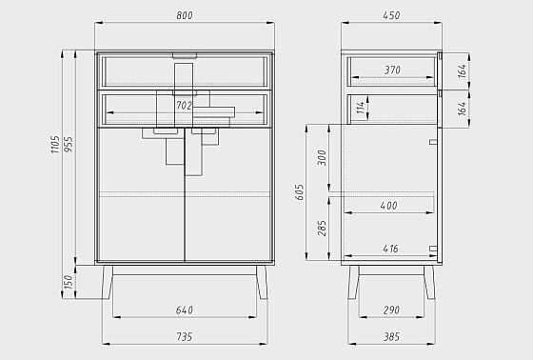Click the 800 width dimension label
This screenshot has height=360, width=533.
[x=185, y=15]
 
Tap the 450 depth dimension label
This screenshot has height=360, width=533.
[x=391, y=15]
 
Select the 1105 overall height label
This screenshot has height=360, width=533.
[x=55, y=145]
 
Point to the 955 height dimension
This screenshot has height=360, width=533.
[x=69, y=144]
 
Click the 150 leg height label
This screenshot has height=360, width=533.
[x=69, y=282]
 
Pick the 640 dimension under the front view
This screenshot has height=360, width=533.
[x=185, y=310]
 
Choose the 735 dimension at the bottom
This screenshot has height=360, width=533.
[x=185, y=337]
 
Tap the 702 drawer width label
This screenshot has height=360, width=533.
[x=184, y=106]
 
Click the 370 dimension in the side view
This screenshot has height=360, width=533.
[x=392, y=70]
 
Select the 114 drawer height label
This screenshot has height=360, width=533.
[x=362, y=108]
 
